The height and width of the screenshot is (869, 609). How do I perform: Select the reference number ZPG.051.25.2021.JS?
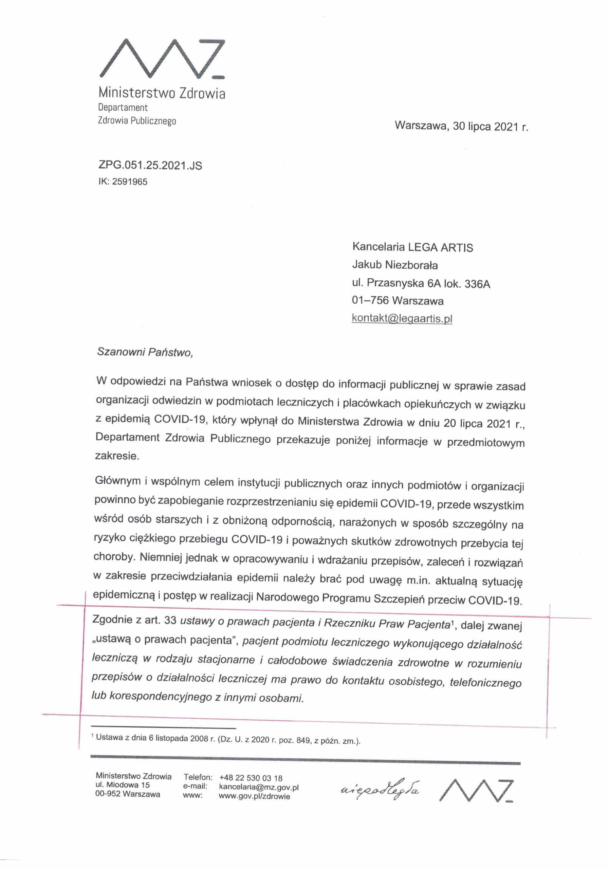150,165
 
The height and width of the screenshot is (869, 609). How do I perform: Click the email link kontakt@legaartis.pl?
402,318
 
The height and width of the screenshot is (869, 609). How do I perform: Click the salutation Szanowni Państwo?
145,352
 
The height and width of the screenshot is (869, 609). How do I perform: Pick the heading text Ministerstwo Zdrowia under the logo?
162,93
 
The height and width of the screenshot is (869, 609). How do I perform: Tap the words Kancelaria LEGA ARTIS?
412,247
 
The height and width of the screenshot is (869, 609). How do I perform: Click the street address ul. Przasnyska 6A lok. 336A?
421,283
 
